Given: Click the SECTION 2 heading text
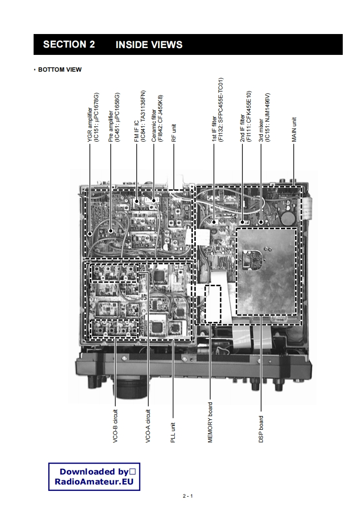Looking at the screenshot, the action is pos(69,44).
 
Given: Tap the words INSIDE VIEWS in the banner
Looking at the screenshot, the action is pos(149,44).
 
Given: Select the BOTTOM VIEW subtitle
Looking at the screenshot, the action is pos(59,69).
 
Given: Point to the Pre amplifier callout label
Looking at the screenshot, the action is pos(114,118).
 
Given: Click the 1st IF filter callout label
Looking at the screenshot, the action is pos(217,110).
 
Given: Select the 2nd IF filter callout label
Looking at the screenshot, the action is pos(245,117).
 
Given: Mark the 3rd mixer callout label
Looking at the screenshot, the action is pos(264,117).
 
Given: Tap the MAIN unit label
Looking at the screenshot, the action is pos(294,130).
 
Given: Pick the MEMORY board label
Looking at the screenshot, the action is pos(210,422).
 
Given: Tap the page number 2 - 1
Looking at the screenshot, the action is pos(187,496).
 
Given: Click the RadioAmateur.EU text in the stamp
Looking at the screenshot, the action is pos(94,482).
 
